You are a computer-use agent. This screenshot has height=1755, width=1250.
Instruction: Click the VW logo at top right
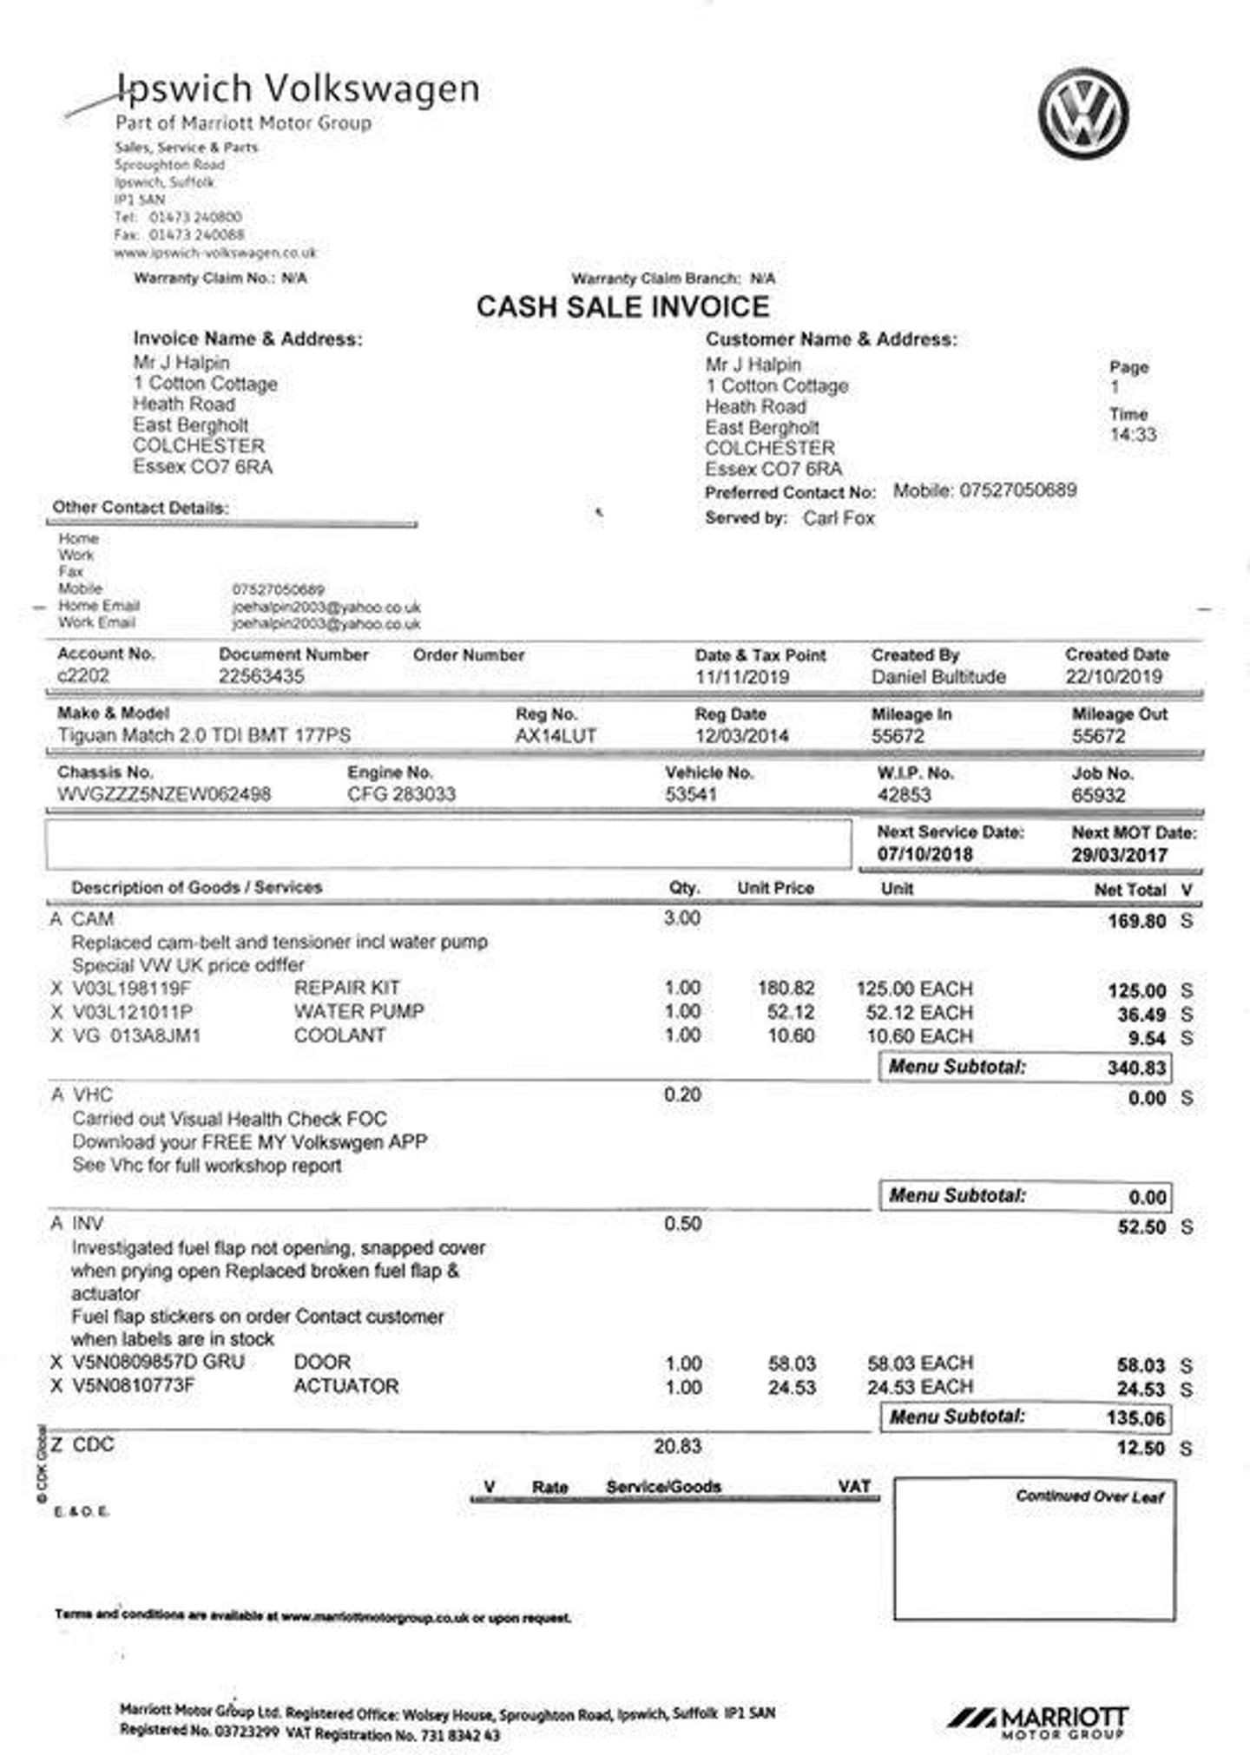[x=1083, y=115]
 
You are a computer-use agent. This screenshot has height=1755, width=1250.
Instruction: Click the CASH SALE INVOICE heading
[x=622, y=306]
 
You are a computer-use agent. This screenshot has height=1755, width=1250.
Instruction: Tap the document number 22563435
[x=261, y=676]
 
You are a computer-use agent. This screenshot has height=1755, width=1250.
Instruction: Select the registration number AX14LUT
[x=556, y=736]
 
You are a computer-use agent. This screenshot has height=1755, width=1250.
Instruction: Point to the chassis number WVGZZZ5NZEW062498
[x=164, y=794]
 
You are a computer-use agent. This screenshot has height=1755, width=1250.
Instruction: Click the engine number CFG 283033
[x=401, y=794]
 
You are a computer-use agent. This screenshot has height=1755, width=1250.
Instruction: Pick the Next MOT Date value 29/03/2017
[x=1119, y=855]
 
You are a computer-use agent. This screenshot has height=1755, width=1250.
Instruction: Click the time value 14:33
[x=1133, y=435]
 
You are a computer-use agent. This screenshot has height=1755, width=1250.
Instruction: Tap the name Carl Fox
[x=839, y=518]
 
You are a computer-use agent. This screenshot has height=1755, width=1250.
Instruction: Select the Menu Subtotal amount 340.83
[x=1135, y=1068]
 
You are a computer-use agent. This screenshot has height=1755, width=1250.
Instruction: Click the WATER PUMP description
[x=359, y=1012]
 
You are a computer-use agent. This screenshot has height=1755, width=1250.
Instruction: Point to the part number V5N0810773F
[x=134, y=1385]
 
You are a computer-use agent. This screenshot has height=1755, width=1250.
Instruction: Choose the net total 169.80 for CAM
[x=1136, y=921]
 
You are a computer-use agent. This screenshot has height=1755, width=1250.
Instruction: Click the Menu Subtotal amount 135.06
[x=1135, y=1418]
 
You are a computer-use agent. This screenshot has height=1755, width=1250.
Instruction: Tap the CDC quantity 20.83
[x=677, y=1446]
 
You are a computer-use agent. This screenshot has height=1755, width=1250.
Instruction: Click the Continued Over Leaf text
[x=1089, y=1496]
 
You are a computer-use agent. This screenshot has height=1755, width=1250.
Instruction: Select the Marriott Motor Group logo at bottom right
[x=1037, y=1721]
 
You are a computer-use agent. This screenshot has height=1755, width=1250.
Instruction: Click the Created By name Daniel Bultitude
[x=938, y=677]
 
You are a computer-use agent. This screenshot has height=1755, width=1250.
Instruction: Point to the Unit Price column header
[x=775, y=888]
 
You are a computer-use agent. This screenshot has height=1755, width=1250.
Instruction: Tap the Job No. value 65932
[x=1098, y=795]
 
